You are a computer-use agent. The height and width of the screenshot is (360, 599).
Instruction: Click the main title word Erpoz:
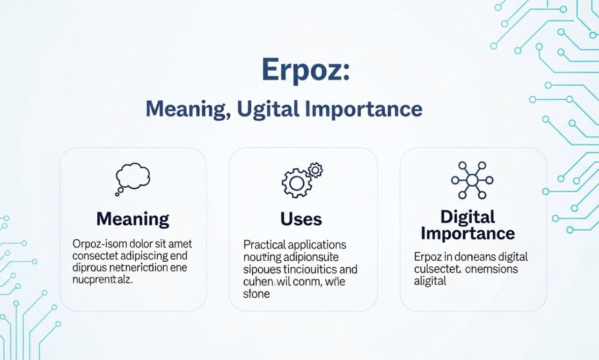(x=305, y=70)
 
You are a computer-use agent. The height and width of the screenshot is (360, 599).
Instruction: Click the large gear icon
(x=296, y=183)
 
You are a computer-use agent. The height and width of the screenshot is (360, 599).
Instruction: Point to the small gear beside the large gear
(x=316, y=169)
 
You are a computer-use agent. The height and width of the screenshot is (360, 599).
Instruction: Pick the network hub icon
(x=472, y=180)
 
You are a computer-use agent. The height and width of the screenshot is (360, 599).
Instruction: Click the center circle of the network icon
(x=472, y=180)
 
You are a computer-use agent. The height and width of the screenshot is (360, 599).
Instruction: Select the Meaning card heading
(x=132, y=219)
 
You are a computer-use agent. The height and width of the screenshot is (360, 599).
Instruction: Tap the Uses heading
(x=301, y=219)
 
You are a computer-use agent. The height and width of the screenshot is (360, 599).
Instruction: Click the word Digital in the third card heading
(x=468, y=217)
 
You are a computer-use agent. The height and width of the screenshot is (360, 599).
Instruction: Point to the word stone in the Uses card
(x=256, y=294)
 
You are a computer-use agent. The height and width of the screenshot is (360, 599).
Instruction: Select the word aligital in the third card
(x=430, y=281)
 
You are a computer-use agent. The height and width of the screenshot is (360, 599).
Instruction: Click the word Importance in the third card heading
(x=468, y=233)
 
